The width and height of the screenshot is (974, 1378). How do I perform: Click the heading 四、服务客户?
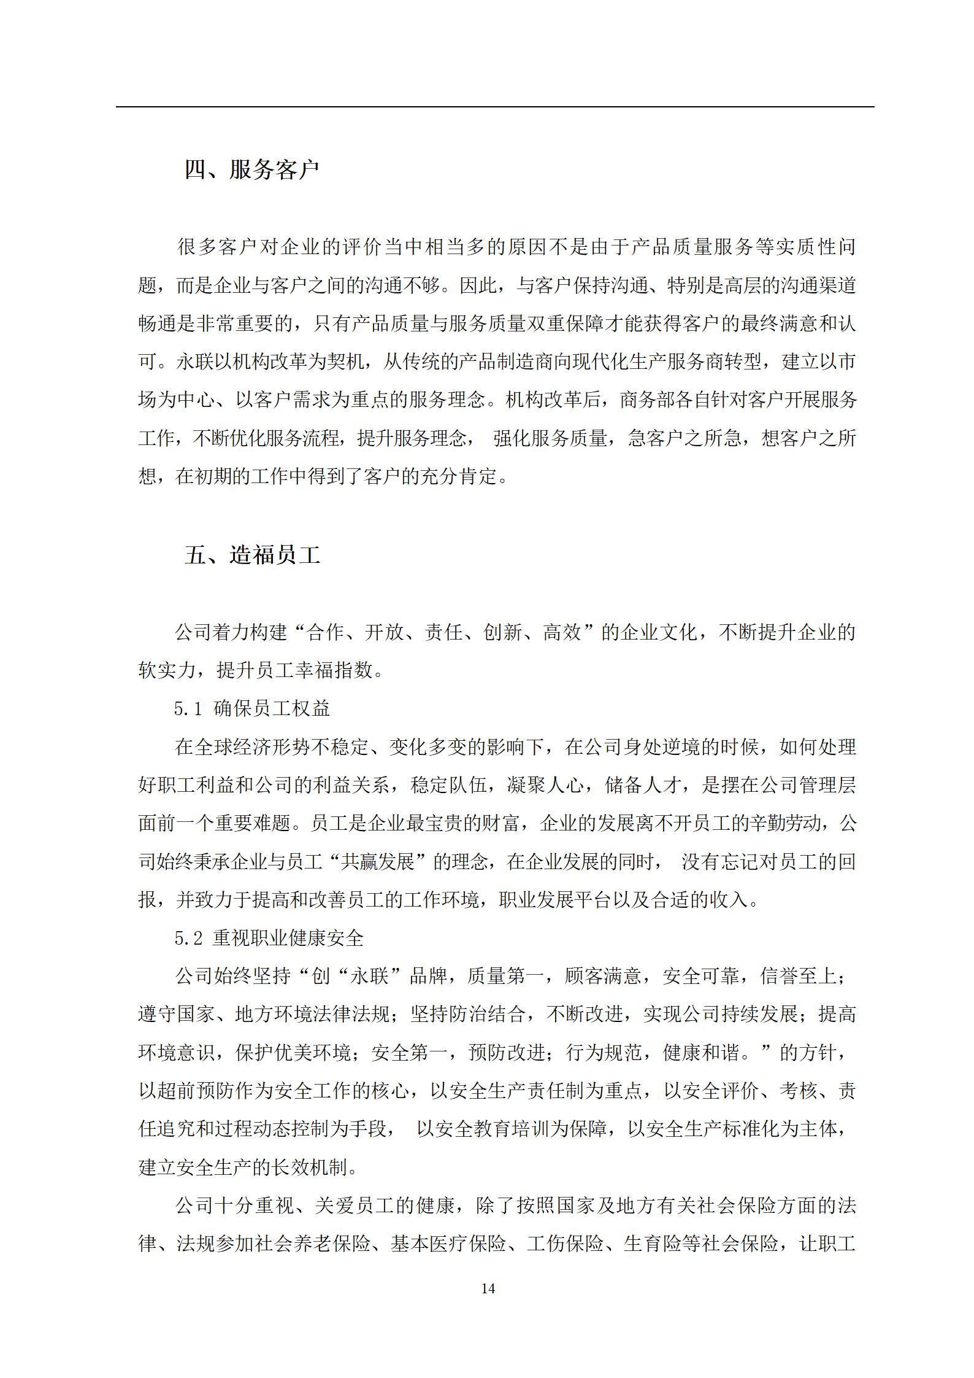pos(252,170)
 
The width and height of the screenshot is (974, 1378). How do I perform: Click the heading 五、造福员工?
pos(252,555)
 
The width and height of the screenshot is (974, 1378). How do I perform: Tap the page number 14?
pos(488,1288)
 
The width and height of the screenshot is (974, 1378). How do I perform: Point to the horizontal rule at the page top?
pos(494,107)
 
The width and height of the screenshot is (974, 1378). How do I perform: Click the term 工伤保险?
pos(564,1244)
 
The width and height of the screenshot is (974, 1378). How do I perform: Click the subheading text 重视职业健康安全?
pos(288,938)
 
